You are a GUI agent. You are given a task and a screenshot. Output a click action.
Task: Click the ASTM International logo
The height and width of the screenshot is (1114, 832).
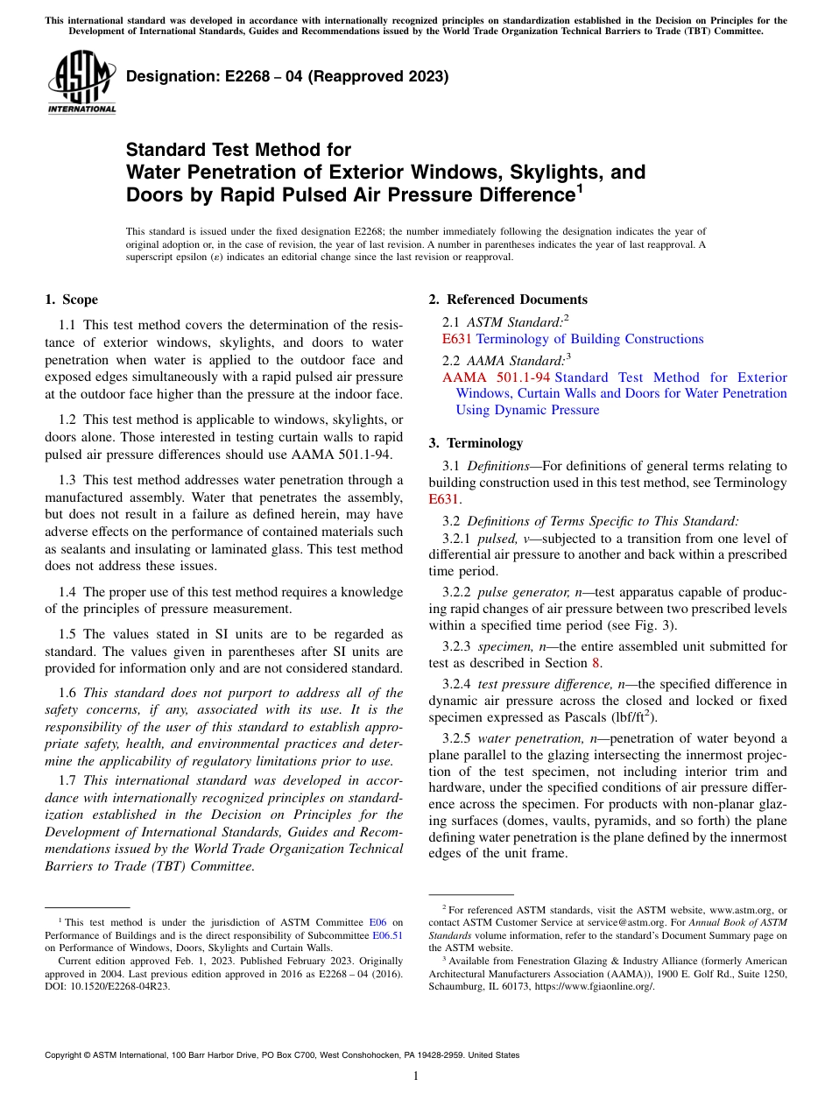click(x=81, y=83)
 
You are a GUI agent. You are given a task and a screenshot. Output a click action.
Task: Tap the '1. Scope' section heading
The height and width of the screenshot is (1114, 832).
click(x=71, y=300)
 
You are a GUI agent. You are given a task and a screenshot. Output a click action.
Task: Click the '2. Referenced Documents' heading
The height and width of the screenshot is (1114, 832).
click(x=508, y=300)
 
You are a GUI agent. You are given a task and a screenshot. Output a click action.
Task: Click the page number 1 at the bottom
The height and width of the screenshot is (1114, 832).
click(x=416, y=1076)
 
